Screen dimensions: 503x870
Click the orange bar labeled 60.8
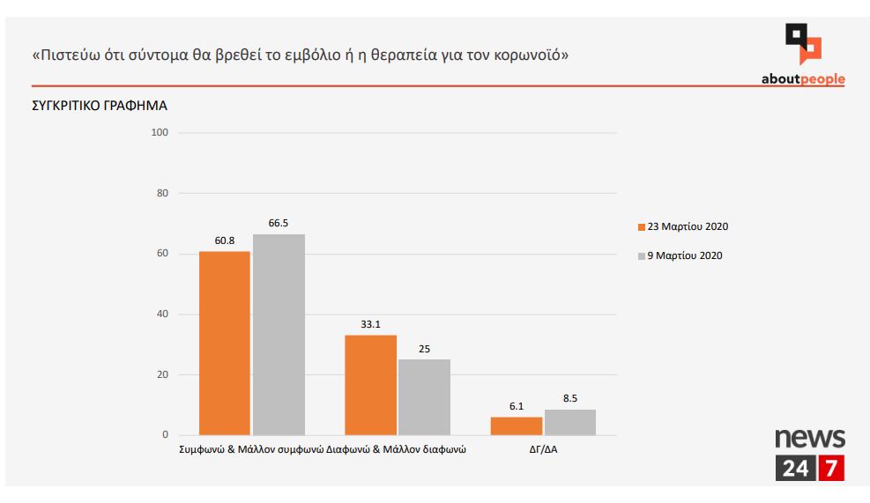(224, 343)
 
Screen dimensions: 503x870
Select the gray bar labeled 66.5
(279, 335)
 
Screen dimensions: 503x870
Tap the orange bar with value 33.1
(370, 385)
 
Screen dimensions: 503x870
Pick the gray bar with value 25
(424, 397)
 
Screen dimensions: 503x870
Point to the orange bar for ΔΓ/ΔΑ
(517, 425)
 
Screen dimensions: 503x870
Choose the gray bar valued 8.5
(569, 422)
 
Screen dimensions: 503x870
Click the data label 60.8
(224, 240)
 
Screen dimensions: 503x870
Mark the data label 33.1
(370, 324)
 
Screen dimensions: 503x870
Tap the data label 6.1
(517, 406)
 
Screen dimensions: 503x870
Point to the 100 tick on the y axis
(160, 133)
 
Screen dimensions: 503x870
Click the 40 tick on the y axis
(162, 314)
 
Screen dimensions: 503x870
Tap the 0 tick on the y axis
(165, 435)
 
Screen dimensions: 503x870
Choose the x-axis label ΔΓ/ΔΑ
(542, 449)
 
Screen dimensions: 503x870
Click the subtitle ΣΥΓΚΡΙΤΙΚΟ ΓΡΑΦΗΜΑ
(99, 106)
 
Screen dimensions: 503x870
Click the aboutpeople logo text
(802, 79)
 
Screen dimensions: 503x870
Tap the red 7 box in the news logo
(830, 469)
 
